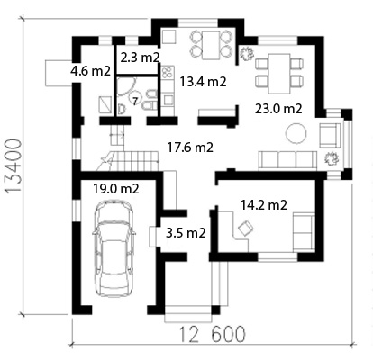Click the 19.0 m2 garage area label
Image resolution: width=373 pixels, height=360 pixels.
116,189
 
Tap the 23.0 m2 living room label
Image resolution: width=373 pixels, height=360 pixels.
278,109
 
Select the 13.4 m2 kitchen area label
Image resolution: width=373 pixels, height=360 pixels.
203,82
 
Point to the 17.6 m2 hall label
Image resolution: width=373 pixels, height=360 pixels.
190,148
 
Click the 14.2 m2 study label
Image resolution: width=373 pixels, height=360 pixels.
264,205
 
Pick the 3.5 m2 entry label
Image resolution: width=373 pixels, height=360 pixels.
186,233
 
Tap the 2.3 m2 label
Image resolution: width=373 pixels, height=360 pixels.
140,58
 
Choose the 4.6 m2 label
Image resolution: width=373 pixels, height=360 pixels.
91,71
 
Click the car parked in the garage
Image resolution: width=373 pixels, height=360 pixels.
114,248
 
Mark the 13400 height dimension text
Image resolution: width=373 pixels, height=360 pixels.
14,166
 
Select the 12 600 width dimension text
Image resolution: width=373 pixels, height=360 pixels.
213,334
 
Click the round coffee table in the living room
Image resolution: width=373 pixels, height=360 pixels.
296,134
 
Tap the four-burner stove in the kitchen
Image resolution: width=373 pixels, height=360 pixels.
168,72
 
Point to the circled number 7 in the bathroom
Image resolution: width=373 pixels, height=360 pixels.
135,101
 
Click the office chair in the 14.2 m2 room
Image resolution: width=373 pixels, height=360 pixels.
246,229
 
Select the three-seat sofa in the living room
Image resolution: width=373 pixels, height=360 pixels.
287,160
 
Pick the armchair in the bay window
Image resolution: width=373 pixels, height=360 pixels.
330,136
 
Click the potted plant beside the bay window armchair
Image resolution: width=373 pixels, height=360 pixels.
331,158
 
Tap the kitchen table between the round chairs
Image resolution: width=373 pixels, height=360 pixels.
211,45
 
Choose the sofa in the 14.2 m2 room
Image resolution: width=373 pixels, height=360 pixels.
304,231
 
